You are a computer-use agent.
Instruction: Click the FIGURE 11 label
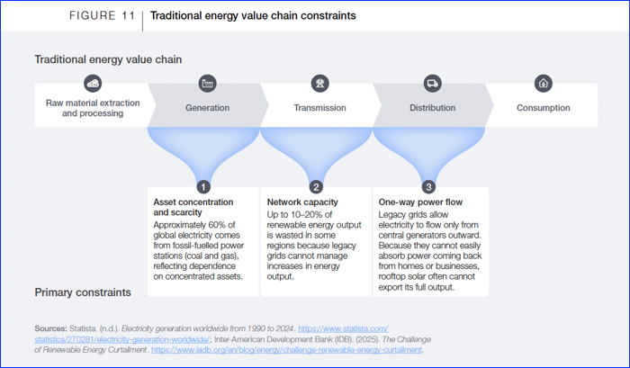click(102, 15)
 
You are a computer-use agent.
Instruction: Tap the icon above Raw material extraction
click(93, 83)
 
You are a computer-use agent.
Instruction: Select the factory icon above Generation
click(207, 83)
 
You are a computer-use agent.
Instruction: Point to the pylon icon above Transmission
click(319, 83)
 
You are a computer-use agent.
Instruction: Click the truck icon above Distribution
click(432, 83)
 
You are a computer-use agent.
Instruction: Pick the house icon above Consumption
click(544, 83)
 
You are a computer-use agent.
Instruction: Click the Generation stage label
click(207, 108)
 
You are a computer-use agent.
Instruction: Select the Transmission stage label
click(319, 108)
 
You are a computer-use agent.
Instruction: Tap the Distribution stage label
click(432, 108)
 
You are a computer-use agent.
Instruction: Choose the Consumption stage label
click(544, 108)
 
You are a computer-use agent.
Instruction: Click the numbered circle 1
click(203, 187)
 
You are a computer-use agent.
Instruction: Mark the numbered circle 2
click(316, 187)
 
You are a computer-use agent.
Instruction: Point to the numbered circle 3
click(428, 187)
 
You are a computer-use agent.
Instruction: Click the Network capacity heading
click(302, 202)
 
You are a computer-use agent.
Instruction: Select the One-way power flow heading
click(420, 202)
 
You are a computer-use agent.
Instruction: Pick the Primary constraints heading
click(83, 292)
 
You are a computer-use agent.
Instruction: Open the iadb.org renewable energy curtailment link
click(286, 349)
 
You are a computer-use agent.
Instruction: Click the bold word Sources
click(50, 328)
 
